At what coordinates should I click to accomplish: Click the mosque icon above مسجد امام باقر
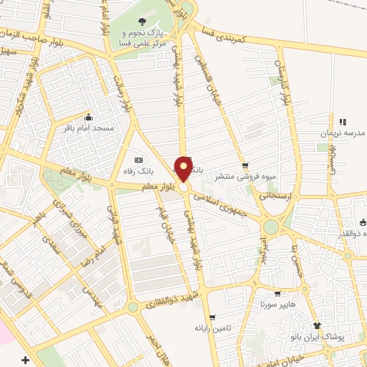coord(88,118)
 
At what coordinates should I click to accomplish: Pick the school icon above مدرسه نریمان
coord(342,123)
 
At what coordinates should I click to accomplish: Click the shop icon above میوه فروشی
coord(245,165)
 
